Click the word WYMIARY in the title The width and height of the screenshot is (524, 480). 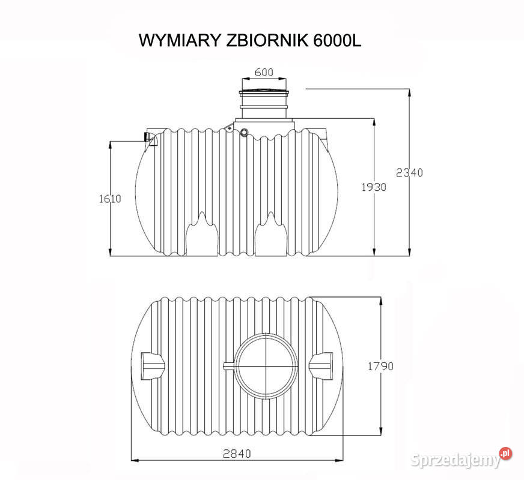[180, 41]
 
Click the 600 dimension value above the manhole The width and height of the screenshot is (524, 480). [264, 72]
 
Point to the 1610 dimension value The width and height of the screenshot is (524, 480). [110, 199]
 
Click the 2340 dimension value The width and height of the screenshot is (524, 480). [409, 173]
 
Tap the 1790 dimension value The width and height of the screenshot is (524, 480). [380, 366]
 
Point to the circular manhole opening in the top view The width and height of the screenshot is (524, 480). [265, 365]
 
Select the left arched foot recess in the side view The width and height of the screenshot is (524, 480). [200, 237]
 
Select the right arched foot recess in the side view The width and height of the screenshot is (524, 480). [270, 237]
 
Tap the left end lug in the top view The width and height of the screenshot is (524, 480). [152, 364]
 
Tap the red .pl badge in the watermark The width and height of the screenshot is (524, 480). [505, 453]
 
